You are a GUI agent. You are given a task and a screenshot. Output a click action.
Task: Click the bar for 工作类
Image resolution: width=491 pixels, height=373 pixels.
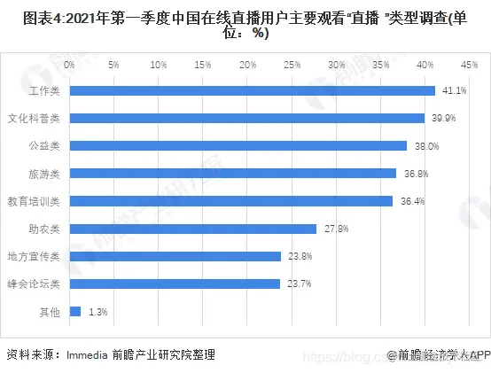(252, 90)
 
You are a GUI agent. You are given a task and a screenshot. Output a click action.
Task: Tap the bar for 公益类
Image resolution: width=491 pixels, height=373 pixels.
(238, 145)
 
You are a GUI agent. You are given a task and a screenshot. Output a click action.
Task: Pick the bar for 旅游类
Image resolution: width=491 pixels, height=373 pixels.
(232, 173)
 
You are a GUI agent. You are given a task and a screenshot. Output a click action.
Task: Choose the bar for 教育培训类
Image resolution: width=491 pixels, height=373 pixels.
(230, 201)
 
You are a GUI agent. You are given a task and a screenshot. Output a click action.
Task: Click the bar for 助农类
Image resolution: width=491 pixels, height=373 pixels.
(192, 229)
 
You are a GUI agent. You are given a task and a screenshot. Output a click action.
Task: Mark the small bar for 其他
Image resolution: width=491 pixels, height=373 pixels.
(74, 311)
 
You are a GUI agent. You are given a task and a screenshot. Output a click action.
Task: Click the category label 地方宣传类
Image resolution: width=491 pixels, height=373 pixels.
(33, 257)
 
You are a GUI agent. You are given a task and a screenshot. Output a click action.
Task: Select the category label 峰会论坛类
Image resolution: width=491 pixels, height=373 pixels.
(33, 284)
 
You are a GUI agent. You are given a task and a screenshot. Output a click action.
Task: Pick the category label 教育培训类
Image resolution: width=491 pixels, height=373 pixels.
(33, 201)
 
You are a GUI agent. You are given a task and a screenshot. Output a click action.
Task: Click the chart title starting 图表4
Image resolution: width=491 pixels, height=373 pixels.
(245, 24)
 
